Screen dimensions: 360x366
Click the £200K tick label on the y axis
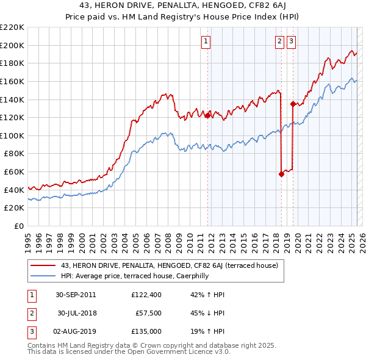pos(12,45)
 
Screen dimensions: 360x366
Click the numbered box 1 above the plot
pos(206,41)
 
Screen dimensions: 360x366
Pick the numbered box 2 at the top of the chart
pos(279,41)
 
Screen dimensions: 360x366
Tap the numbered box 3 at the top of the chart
pos(292,41)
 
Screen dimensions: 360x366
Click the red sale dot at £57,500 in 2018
pos(281,174)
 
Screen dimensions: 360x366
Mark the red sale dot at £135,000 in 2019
pos(293,104)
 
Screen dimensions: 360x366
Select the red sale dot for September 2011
pos(207,115)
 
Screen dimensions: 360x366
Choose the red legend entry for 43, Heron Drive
pos(170,265)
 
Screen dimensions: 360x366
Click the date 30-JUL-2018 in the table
pos(78,313)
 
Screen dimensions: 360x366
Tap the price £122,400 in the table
pos(146,295)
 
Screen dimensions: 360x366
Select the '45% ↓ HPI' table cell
pos(207,313)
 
